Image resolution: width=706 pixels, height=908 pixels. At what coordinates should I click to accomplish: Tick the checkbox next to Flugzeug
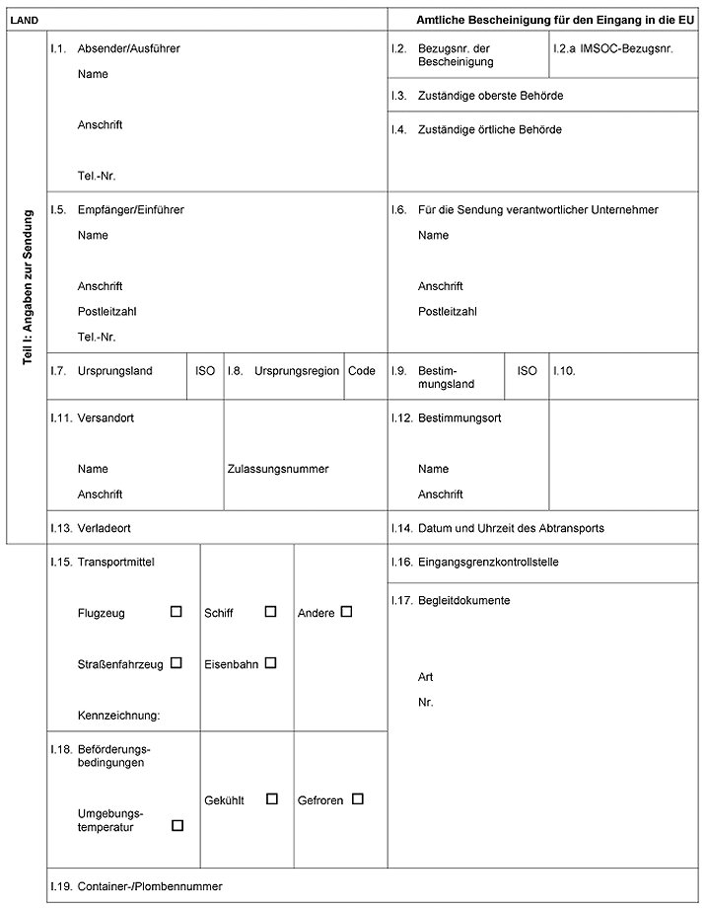pyautogui.click(x=176, y=612)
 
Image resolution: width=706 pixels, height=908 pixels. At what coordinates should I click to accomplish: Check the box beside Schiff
pyautogui.click(x=270, y=612)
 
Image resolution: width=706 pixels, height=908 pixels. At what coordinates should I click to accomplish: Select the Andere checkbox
pyautogui.click(x=346, y=612)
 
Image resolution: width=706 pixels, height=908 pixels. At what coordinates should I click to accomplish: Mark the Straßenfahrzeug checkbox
pyautogui.click(x=176, y=663)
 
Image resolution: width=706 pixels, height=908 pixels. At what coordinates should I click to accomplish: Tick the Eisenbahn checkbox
pyautogui.click(x=270, y=663)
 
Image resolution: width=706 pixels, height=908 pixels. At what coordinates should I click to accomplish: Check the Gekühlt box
pyautogui.click(x=272, y=798)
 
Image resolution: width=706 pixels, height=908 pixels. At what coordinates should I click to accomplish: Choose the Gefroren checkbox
pyautogui.click(x=358, y=798)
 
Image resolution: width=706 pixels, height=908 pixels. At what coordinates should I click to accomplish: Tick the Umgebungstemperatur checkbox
pyautogui.click(x=177, y=825)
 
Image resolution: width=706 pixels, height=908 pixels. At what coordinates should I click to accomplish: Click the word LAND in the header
pyautogui.click(x=24, y=20)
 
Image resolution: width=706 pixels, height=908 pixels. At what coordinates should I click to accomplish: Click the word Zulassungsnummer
pyautogui.click(x=278, y=469)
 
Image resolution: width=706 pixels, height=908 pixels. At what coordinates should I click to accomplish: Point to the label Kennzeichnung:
pyautogui.click(x=118, y=715)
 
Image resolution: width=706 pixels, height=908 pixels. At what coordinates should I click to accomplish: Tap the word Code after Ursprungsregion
pyautogui.click(x=362, y=371)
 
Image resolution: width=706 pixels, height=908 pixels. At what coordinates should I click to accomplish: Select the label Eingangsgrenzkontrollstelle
pyautogui.click(x=489, y=562)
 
